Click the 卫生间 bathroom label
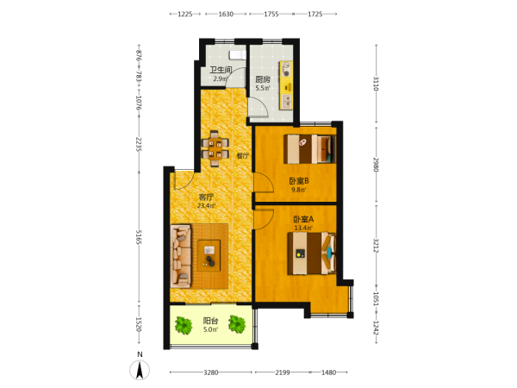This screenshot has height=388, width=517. point(221,70)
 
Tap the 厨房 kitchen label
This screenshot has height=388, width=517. point(263,79)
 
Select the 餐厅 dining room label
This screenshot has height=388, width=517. point(243,156)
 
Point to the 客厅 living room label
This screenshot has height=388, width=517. point(206,197)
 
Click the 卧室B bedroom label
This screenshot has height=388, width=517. point(298,181)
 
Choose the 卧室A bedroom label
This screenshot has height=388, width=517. point(303,219)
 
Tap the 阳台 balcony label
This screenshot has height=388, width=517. point(210,321)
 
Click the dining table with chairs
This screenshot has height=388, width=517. point(215,149)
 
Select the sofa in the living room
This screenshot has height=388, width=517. point(181,256)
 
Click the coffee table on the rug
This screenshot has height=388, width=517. point(209,256)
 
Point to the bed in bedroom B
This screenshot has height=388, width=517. point(309,149)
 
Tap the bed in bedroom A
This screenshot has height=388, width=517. point(312,253)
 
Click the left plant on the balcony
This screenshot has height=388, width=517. point(184,325)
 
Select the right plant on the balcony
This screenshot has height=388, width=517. point(237,324)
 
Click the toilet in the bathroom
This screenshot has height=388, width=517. point(238,55)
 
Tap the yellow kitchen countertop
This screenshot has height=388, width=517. point(286,85)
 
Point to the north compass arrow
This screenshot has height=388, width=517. point(140,370)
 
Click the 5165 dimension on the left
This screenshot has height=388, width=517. point(139,237)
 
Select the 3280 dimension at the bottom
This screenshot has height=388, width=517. point(211,372)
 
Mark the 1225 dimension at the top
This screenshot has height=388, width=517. point(185,14)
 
